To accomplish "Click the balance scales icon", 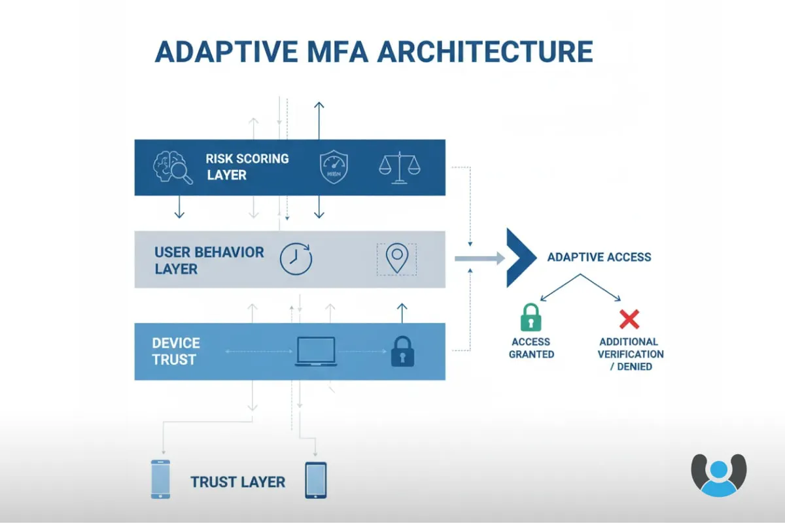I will (x=399, y=167).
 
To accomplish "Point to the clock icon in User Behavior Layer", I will (x=296, y=259).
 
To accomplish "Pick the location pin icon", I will (x=396, y=259).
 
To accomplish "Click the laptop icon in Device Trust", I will (x=316, y=352).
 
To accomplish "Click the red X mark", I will (x=629, y=319).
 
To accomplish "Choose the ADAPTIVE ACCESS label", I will (x=599, y=257).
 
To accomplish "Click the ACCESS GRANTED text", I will (x=531, y=348).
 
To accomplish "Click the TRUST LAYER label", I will (x=238, y=482).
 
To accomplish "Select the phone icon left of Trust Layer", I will (x=160, y=479).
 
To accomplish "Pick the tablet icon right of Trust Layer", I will (x=315, y=481).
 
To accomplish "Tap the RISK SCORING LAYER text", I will (x=247, y=167).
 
